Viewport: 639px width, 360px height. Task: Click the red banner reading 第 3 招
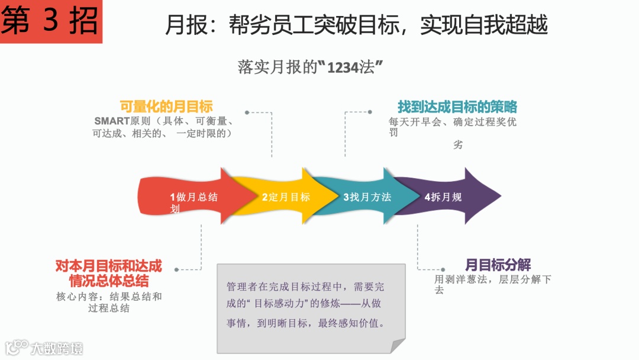click(51, 22)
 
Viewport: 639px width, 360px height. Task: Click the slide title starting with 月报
click(356, 25)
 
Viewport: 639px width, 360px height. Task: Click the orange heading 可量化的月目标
click(166, 107)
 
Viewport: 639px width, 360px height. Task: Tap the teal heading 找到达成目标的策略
click(457, 107)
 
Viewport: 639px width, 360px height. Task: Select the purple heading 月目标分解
click(498, 265)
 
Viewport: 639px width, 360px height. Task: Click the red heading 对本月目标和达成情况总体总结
click(109, 273)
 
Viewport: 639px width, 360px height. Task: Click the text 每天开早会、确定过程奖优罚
click(452, 127)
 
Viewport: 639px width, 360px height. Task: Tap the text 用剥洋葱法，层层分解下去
click(492, 284)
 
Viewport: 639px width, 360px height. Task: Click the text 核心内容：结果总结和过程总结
click(109, 302)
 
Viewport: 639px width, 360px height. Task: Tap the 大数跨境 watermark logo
click(44, 348)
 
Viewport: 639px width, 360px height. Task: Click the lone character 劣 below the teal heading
click(458, 144)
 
